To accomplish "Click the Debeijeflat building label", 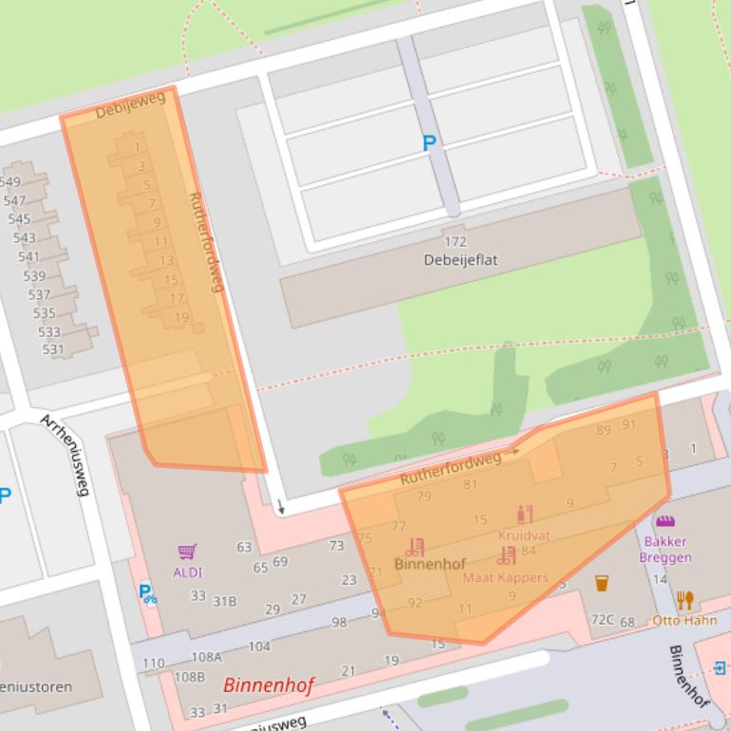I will (x=460, y=259).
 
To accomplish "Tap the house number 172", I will (x=456, y=242).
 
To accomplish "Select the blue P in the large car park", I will (x=429, y=143).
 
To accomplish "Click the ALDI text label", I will (x=187, y=572).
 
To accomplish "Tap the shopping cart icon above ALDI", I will (x=187, y=552).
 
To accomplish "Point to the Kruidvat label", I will (x=523, y=535).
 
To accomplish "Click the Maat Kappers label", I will (x=505, y=577).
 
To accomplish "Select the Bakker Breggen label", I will (x=665, y=550).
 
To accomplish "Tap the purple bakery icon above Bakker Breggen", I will (x=665, y=521).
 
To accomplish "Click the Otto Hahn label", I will (x=684, y=620).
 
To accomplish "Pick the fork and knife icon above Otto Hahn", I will (x=685, y=600).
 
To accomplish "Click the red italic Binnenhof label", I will (x=268, y=684).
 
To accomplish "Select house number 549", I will (x=10, y=182).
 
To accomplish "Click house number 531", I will (x=53, y=349).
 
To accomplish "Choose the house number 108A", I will (x=206, y=656).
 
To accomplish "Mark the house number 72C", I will (x=602, y=620).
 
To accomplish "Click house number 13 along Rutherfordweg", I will (x=166, y=260).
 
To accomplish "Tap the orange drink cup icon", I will (x=602, y=582).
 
